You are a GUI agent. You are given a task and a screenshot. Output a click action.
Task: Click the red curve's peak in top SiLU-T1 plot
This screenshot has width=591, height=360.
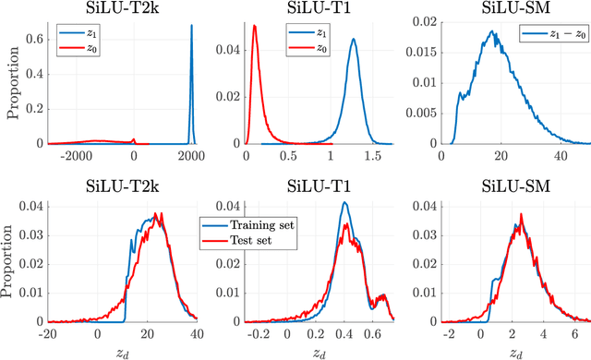(x=255, y=27)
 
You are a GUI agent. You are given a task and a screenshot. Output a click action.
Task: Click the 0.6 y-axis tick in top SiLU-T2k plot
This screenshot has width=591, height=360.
(x=35, y=40)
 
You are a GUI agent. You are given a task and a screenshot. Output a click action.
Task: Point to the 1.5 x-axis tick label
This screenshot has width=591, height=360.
(x=376, y=157)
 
